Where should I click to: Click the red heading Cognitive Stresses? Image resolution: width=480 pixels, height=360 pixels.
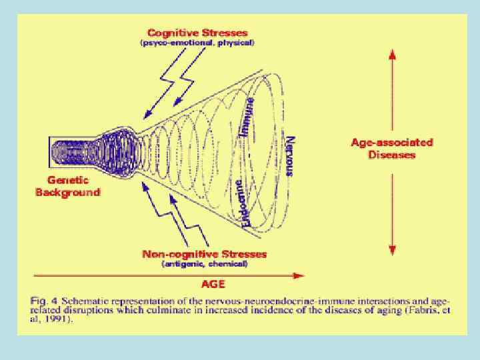click(x=197, y=33)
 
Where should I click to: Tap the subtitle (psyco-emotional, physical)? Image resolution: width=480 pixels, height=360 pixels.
click(x=197, y=43)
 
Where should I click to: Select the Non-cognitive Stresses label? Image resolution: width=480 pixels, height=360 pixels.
click(x=205, y=254)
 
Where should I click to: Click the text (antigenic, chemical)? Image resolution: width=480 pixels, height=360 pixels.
click(x=205, y=264)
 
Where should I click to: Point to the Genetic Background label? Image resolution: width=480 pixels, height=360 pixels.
click(x=67, y=186)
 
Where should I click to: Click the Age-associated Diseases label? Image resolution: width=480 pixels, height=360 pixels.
click(x=392, y=148)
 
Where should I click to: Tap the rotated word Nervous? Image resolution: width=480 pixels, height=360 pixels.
click(x=289, y=156)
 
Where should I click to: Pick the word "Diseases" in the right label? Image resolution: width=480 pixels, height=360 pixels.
click(x=392, y=155)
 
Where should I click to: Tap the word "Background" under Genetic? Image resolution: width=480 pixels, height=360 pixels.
click(x=67, y=192)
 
